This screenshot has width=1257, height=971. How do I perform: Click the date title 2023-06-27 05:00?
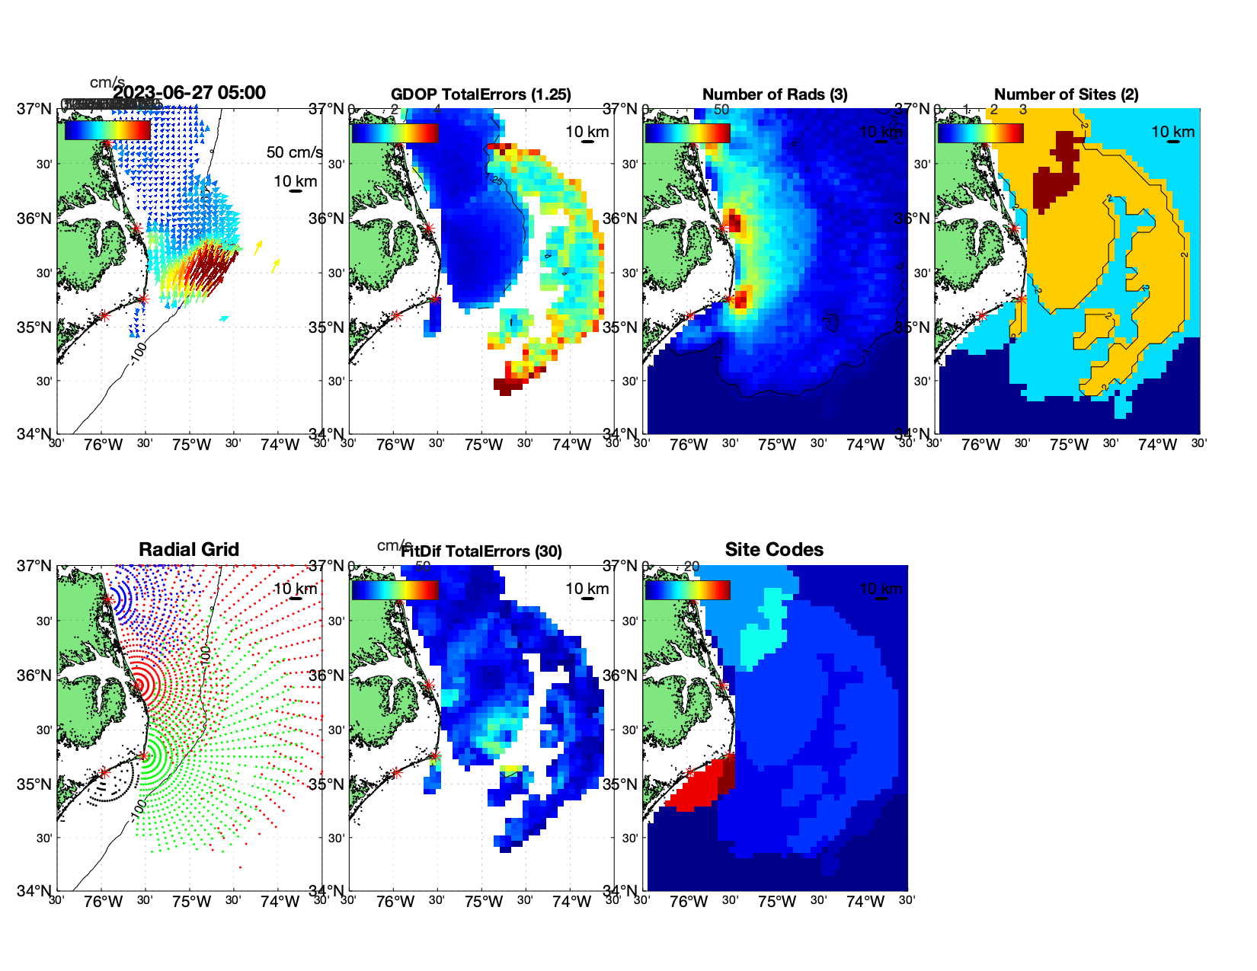coord(190,93)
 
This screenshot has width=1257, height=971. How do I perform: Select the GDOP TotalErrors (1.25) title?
coord(481,94)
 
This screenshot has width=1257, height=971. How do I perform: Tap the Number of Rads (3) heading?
coord(775,94)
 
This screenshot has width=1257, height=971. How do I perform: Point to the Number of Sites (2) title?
coord(1067,94)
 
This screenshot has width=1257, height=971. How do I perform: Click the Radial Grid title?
coord(189,550)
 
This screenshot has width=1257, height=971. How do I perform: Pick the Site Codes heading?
coord(774,550)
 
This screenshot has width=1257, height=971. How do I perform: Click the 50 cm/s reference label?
coord(294,152)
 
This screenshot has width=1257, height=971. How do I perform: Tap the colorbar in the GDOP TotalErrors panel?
coord(395,133)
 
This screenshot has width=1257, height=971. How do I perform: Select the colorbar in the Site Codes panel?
coord(687,590)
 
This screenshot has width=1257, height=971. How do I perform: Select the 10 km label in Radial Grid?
coord(295,589)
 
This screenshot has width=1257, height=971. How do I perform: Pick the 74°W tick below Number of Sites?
coord(1157,446)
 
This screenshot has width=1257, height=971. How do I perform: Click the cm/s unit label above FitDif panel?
coord(394,545)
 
